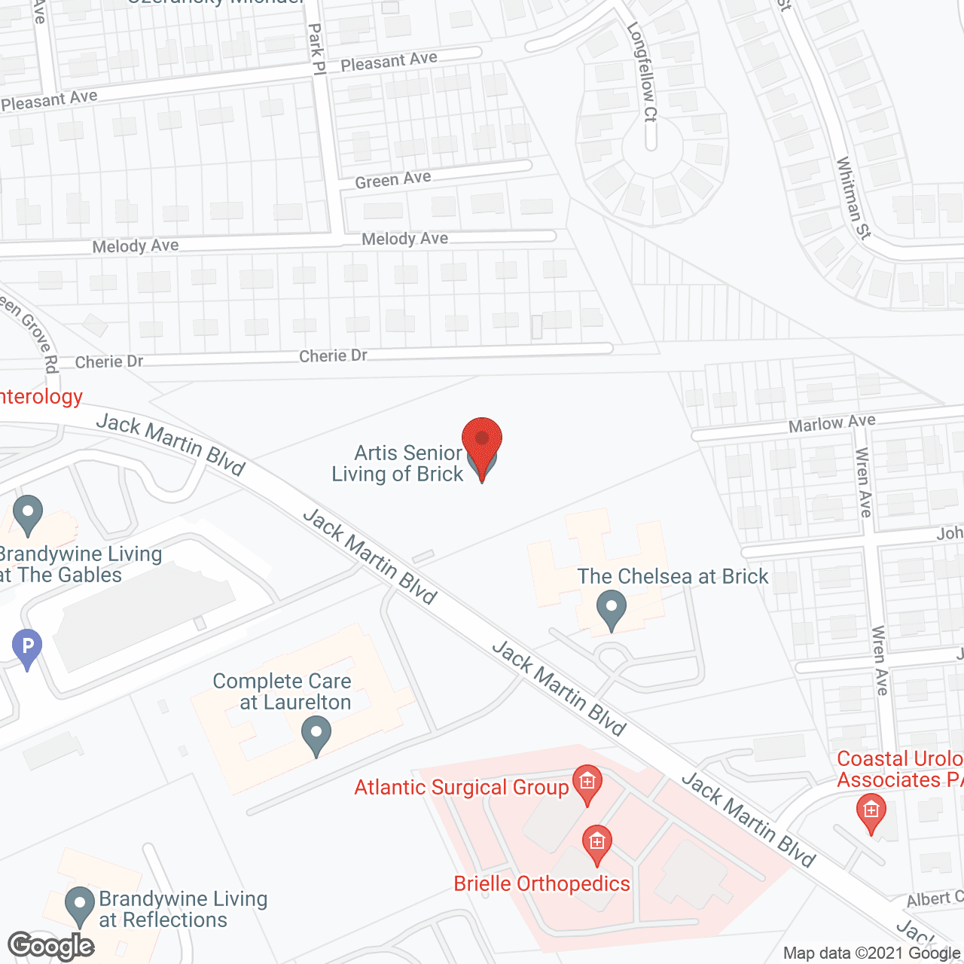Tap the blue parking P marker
pos(27,647)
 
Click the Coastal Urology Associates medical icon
pos(871,812)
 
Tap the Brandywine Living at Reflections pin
pos(79,905)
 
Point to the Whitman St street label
pos(853,198)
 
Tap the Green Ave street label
pos(393,180)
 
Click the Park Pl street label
pos(316,49)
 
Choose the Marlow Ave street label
pos(831,423)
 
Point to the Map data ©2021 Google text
pos(872,953)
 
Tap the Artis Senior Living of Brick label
pos(398,463)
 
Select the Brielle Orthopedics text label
pos(541,883)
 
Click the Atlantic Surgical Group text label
pos(462,788)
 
